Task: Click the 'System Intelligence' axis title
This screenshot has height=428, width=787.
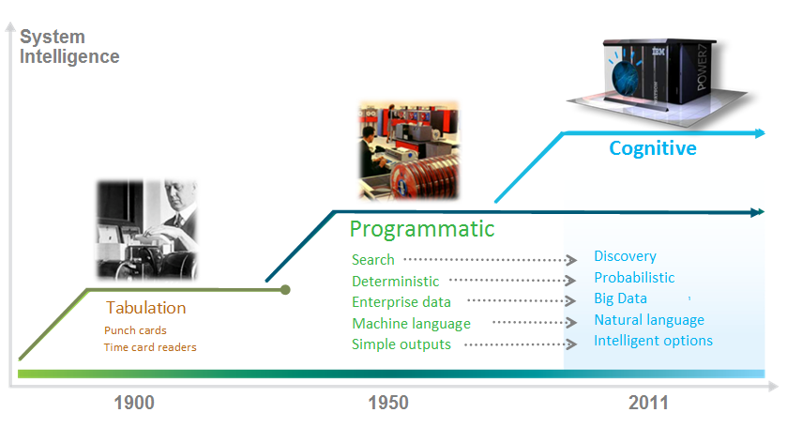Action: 69,47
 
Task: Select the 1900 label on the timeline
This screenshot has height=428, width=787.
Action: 134,403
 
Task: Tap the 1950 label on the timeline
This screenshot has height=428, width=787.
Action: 387,403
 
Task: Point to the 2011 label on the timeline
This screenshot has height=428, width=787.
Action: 647,403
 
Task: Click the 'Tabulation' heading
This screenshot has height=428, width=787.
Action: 145,308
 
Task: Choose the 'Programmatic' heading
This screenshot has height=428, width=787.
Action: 422,229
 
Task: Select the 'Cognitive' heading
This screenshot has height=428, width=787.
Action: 653,148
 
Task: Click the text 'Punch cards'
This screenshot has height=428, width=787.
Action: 135,330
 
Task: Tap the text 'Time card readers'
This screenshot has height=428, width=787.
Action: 150,347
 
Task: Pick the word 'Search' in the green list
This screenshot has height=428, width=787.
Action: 373,259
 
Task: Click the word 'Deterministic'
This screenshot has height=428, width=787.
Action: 395,281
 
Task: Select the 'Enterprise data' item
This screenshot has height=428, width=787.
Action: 401,302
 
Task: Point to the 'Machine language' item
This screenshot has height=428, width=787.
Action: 411,324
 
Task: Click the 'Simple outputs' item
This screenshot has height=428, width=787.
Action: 401,344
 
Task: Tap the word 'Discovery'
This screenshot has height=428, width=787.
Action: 625,256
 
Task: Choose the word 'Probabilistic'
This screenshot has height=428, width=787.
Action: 634,278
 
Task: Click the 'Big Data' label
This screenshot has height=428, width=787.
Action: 620,299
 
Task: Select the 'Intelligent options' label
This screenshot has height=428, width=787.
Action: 653,341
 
